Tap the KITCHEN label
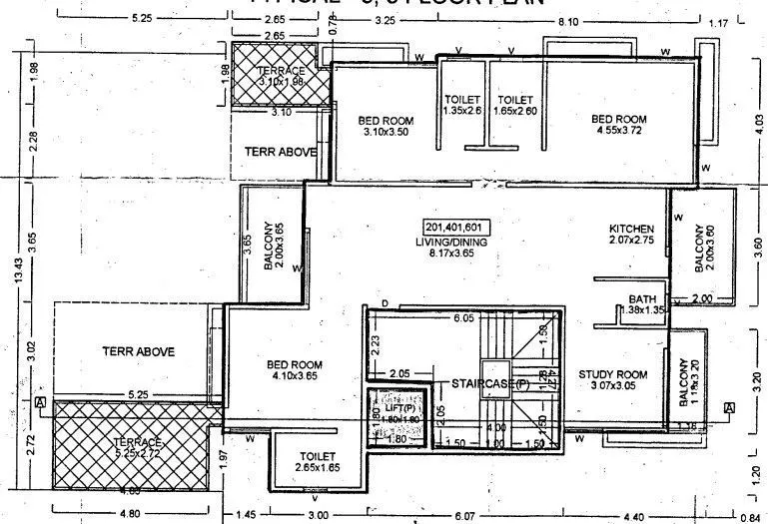tap(632, 230)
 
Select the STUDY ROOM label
tap(613, 375)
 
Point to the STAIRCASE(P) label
tap(488, 383)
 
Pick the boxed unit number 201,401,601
tap(452, 227)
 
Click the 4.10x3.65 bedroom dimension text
tap(293, 377)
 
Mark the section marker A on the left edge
tap(41, 402)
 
